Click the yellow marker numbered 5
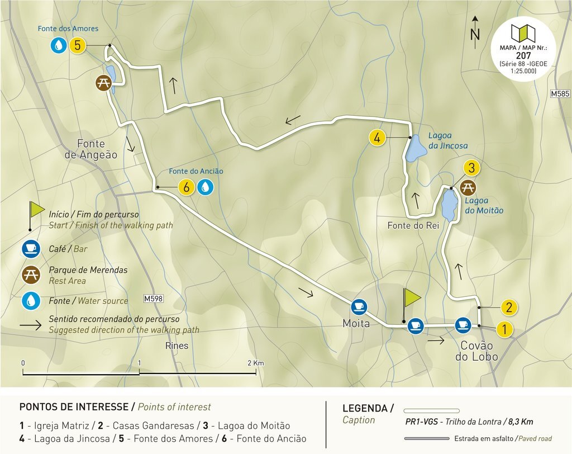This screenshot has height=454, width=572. click(x=77, y=45)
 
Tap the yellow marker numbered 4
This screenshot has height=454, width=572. click(x=378, y=138)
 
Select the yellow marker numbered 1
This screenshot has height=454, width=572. click(x=504, y=329)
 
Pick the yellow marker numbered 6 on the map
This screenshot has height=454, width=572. click(x=186, y=187)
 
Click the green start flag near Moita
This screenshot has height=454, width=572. click(x=411, y=298)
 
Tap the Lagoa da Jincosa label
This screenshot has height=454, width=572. click(x=447, y=140)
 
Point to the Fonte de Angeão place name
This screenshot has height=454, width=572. click(x=91, y=149)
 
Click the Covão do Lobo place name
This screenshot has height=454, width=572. click(x=479, y=351)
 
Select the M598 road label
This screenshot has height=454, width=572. click(x=152, y=299)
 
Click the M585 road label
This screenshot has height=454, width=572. click(x=560, y=94)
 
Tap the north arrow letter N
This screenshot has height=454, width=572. click(x=475, y=35)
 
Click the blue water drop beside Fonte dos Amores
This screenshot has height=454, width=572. click(x=58, y=45)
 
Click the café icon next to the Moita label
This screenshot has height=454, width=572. click(x=358, y=306)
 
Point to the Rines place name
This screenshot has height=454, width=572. click(x=177, y=346)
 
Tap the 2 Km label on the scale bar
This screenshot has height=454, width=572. click(x=255, y=363)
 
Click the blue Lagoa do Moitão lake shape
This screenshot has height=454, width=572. click(x=449, y=205)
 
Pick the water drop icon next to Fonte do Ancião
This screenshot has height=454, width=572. click(x=206, y=187)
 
